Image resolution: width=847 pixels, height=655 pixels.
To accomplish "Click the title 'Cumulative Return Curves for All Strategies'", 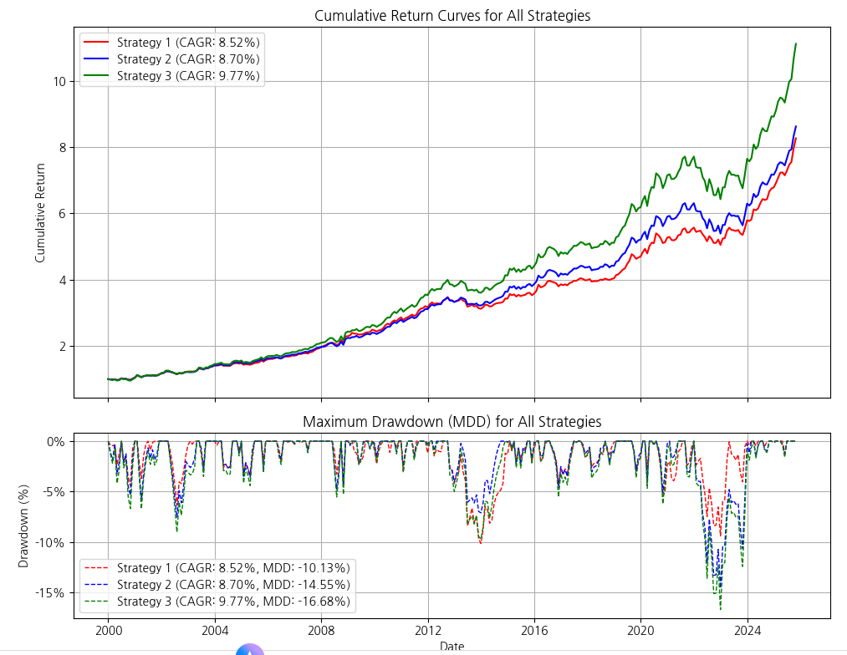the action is coord(452,16).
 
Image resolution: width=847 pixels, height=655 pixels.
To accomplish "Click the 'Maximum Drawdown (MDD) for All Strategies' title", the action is coord(452,421).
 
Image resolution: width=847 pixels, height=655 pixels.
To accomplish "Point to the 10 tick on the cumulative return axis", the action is coord(59,82).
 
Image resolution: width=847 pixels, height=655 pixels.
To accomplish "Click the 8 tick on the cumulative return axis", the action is coord(63,148).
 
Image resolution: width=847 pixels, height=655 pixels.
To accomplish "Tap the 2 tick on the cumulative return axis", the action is coord(63,347).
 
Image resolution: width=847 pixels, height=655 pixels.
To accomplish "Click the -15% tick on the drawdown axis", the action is coord(50,593).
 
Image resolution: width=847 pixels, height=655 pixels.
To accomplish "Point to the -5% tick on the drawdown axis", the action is coord(54,492).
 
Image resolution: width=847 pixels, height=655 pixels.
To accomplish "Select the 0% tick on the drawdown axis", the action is coord(56,442).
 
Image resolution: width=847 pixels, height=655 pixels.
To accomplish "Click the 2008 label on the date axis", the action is coord(321,630).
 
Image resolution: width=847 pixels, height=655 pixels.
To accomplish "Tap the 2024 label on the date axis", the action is coord(748,630).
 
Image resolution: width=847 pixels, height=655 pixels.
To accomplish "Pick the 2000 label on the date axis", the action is coord(108,630).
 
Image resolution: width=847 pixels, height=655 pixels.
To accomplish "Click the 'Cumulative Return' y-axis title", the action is coord(40,213).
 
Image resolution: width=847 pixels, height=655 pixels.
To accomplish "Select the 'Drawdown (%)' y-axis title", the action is coord(23,526).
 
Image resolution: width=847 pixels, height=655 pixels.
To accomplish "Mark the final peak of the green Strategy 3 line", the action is coord(796,43).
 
